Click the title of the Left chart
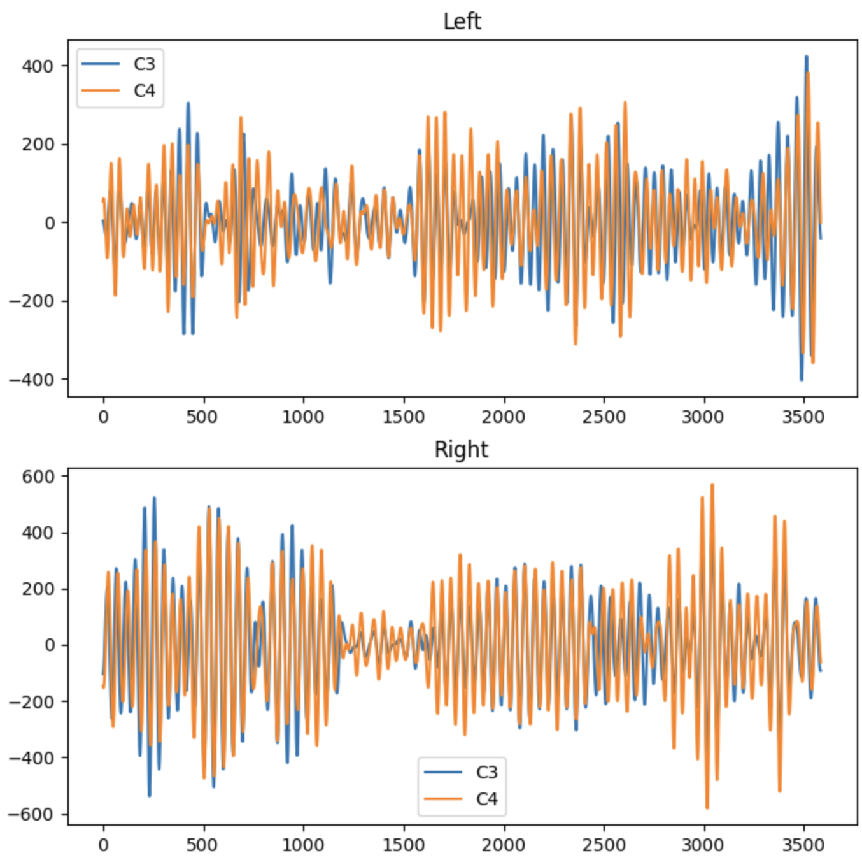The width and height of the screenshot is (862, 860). [x=462, y=22]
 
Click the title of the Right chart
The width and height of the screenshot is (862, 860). [x=461, y=450]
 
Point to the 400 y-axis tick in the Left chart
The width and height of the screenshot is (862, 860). [x=38, y=66]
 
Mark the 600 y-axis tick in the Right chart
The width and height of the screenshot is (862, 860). [x=38, y=477]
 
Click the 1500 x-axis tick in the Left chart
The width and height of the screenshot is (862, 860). [x=404, y=417]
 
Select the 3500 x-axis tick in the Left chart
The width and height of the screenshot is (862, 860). [x=803, y=417]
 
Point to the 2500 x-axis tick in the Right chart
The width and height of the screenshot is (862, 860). [x=604, y=845]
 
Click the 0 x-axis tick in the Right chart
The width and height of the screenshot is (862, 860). [x=103, y=845]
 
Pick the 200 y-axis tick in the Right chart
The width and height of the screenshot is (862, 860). [x=38, y=589]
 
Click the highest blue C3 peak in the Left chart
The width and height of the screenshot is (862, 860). [x=806, y=57]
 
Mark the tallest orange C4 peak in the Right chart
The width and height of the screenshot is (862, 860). [x=712, y=485]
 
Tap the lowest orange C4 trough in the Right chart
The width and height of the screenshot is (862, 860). [x=707, y=808]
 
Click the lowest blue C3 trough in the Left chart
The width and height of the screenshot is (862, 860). [x=801, y=380]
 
